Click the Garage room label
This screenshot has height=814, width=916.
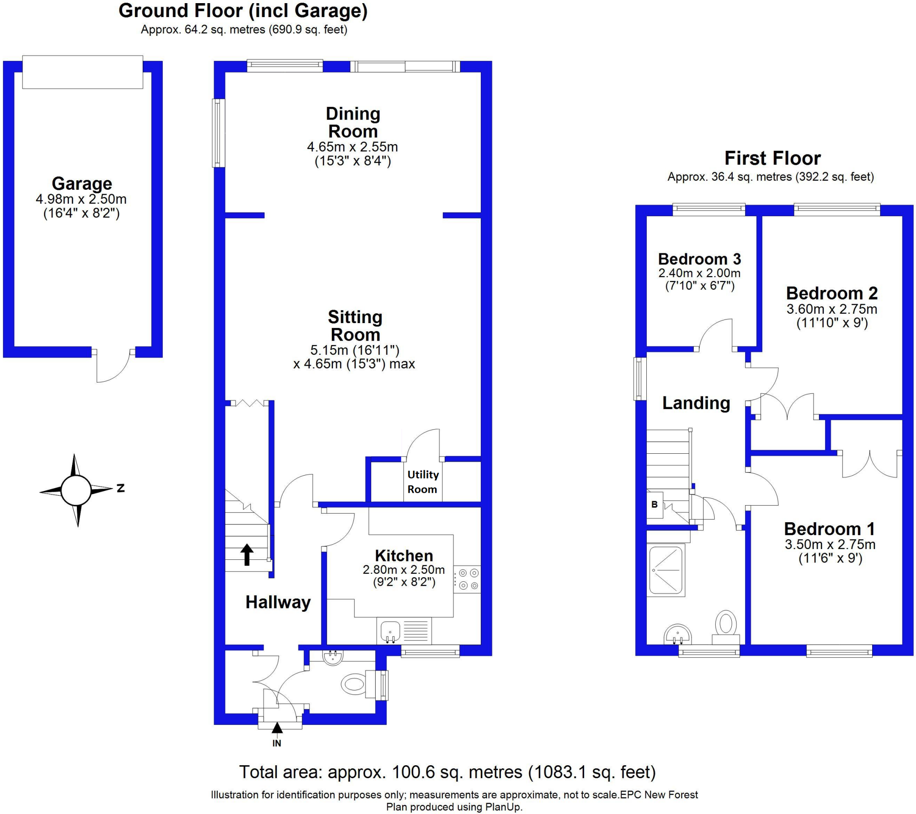[x=81, y=183]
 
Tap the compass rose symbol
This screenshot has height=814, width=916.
[x=76, y=490]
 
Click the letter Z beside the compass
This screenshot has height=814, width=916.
[x=121, y=488]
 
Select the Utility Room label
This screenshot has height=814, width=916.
[x=423, y=482]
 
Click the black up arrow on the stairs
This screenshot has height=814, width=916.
[x=246, y=554]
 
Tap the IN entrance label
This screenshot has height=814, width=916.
[x=277, y=743]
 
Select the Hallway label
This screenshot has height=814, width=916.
[x=278, y=602]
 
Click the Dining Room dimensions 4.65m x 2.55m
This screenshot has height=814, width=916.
[x=352, y=147]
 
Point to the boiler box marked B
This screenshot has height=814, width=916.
[x=654, y=504]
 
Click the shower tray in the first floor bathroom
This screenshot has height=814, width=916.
[x=666, y=570]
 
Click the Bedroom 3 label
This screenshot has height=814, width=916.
[x=699, y=259]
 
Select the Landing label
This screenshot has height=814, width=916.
[x=696, y=403]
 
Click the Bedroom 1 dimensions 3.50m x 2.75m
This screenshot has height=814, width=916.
[x=830, y=545]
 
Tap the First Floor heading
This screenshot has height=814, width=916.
[x=772, y=158]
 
